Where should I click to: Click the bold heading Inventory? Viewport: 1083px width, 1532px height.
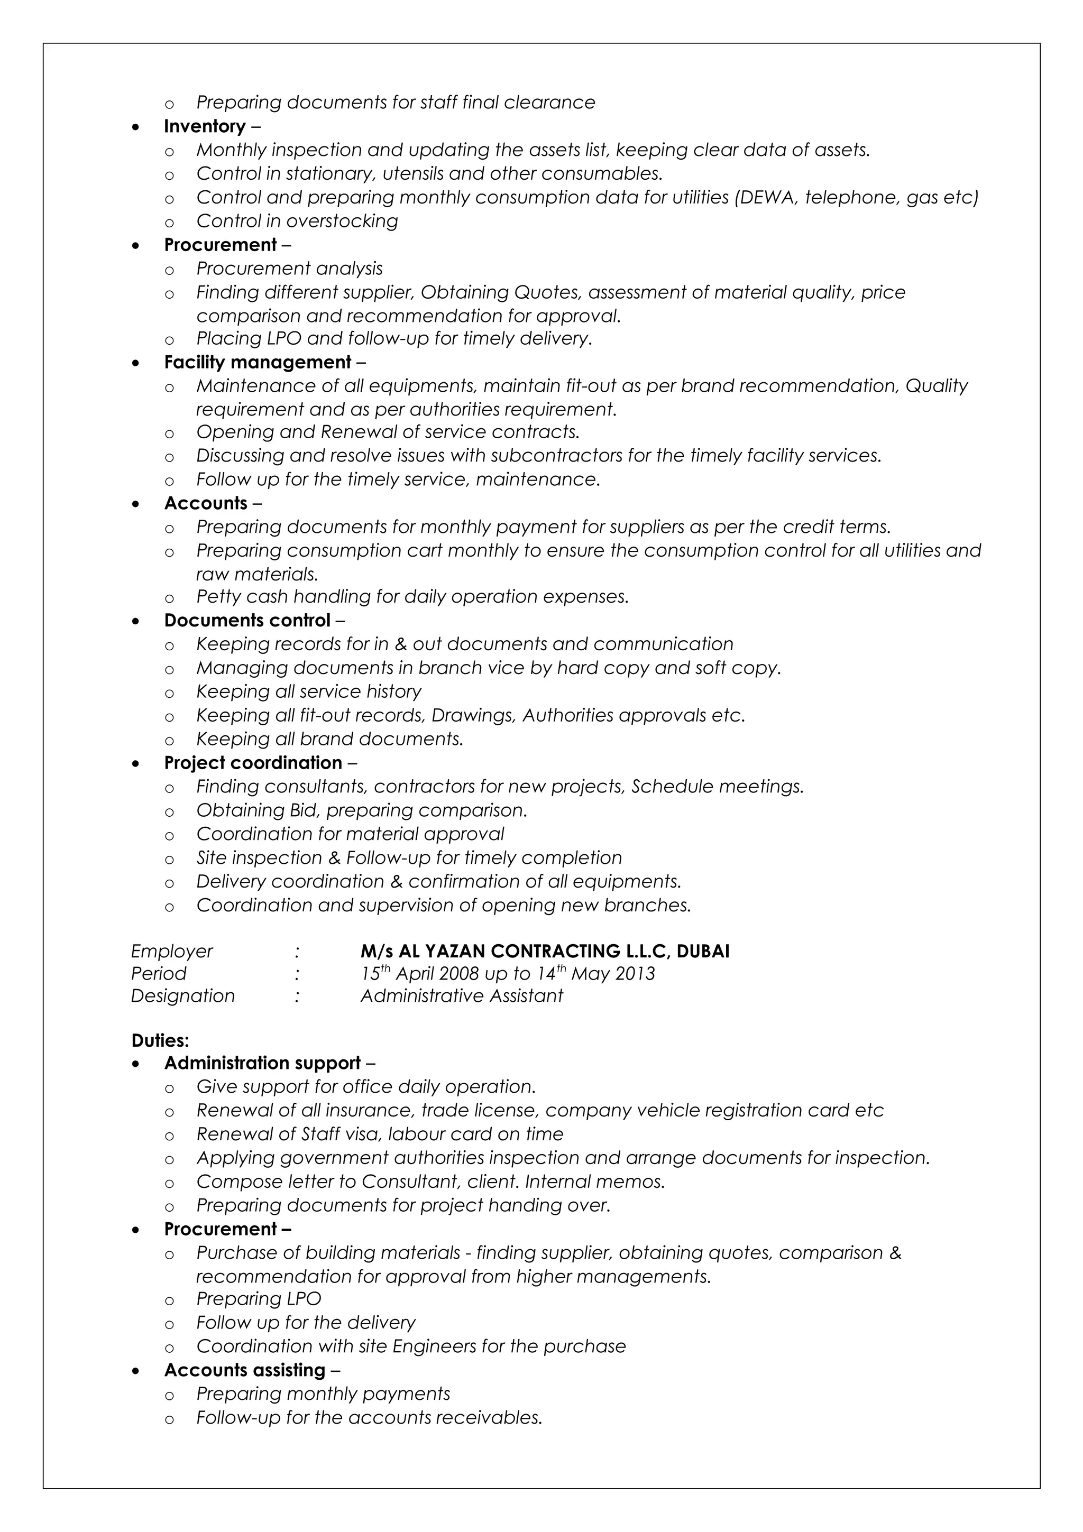click(x=204, y=126)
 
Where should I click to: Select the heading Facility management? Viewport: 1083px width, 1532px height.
click(x=258, y=362)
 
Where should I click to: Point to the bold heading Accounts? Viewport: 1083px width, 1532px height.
click(x=206, y=503)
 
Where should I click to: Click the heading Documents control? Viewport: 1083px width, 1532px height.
click(x=247, y=621)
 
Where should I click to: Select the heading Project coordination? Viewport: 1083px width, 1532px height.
click(x=253, y=763)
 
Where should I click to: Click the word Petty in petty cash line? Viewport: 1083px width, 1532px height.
click(x=218, y=596)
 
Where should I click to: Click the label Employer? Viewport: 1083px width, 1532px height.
click(x=171, y=951)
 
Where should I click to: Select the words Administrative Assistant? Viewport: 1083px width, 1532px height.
click(x=462, y=995)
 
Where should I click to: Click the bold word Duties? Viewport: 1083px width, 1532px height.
click(x=160, y=1040)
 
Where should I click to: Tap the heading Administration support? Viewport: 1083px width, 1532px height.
click(x=262, y=1063)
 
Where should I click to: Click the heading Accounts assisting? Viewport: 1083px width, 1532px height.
click(x=244, y=1370)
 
